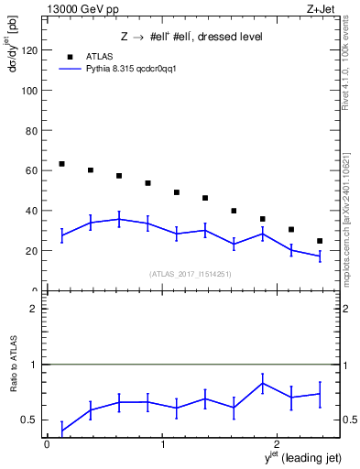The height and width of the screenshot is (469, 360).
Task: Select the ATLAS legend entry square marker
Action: click(x=70, y=57)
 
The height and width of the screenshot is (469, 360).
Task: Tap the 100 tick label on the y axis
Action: click(x=29, y=92)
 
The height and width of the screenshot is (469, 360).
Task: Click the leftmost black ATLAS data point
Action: click(x=61, y=164)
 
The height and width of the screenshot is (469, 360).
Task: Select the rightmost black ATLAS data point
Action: click(x=320, y=241)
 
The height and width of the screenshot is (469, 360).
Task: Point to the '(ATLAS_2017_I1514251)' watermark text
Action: click(x=191, y=274)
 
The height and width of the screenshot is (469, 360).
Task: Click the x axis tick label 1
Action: click(x=162, y=444)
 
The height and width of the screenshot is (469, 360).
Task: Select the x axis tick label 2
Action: click(x=278, y=444)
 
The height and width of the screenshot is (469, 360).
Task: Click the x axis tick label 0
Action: click(x=47, y=444)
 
